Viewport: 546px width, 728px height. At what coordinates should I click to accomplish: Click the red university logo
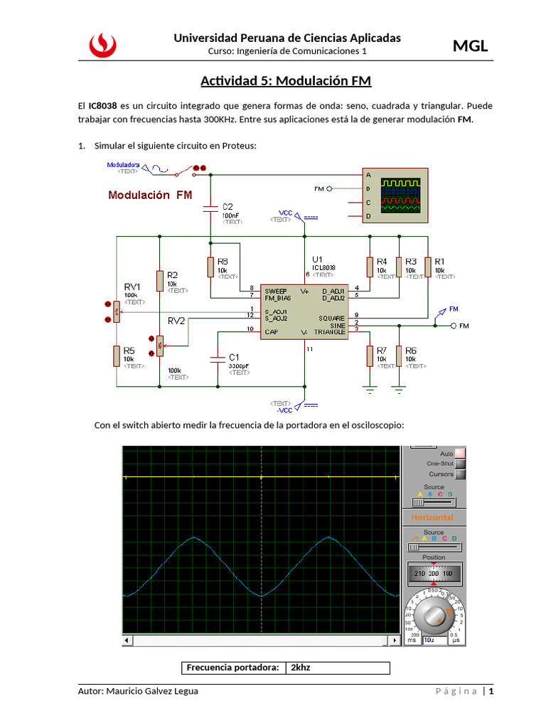[x=102, y=45]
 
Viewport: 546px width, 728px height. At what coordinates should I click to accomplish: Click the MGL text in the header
[x=471, y=46]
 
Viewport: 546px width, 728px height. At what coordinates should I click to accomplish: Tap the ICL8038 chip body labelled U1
[x=304, y=312]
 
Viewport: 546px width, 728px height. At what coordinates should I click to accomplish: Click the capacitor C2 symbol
[x=210, y=209]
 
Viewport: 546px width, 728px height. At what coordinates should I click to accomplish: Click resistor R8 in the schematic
[x=210, y=267]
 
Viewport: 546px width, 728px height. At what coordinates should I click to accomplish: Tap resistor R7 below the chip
[x=370, y=355]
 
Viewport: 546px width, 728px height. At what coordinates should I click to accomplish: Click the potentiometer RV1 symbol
[x=116, y=311]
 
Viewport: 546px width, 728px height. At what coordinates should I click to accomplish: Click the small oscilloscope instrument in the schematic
[x=402, y=194]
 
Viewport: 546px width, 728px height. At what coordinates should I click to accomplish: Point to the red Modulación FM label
[x=149, y=195]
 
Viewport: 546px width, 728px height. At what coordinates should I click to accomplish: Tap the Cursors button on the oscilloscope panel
[x=460, y=474]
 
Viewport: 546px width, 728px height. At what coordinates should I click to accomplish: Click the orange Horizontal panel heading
[x=432, y=518]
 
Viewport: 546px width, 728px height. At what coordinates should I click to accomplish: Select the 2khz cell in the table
[x=338, y=668]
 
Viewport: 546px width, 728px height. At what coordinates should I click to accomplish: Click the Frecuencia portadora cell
[x=233, y=668]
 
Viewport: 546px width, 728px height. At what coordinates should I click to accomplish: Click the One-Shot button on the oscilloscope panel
[x=460, y=464]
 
